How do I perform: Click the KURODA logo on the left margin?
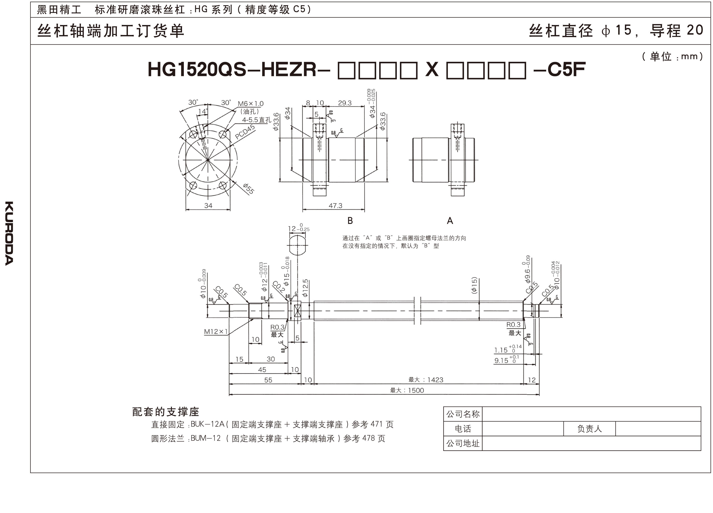(x=9, y=233)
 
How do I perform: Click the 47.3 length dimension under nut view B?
(x=335, y=206)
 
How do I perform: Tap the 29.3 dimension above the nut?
(x=345, y=103)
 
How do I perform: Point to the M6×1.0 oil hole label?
(x=250, y=104)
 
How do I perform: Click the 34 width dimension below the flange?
(x=208, y=206)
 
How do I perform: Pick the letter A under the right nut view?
(x=450, y=221)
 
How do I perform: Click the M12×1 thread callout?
(x=216, y=331)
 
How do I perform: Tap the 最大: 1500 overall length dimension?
(x=407, y=390)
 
